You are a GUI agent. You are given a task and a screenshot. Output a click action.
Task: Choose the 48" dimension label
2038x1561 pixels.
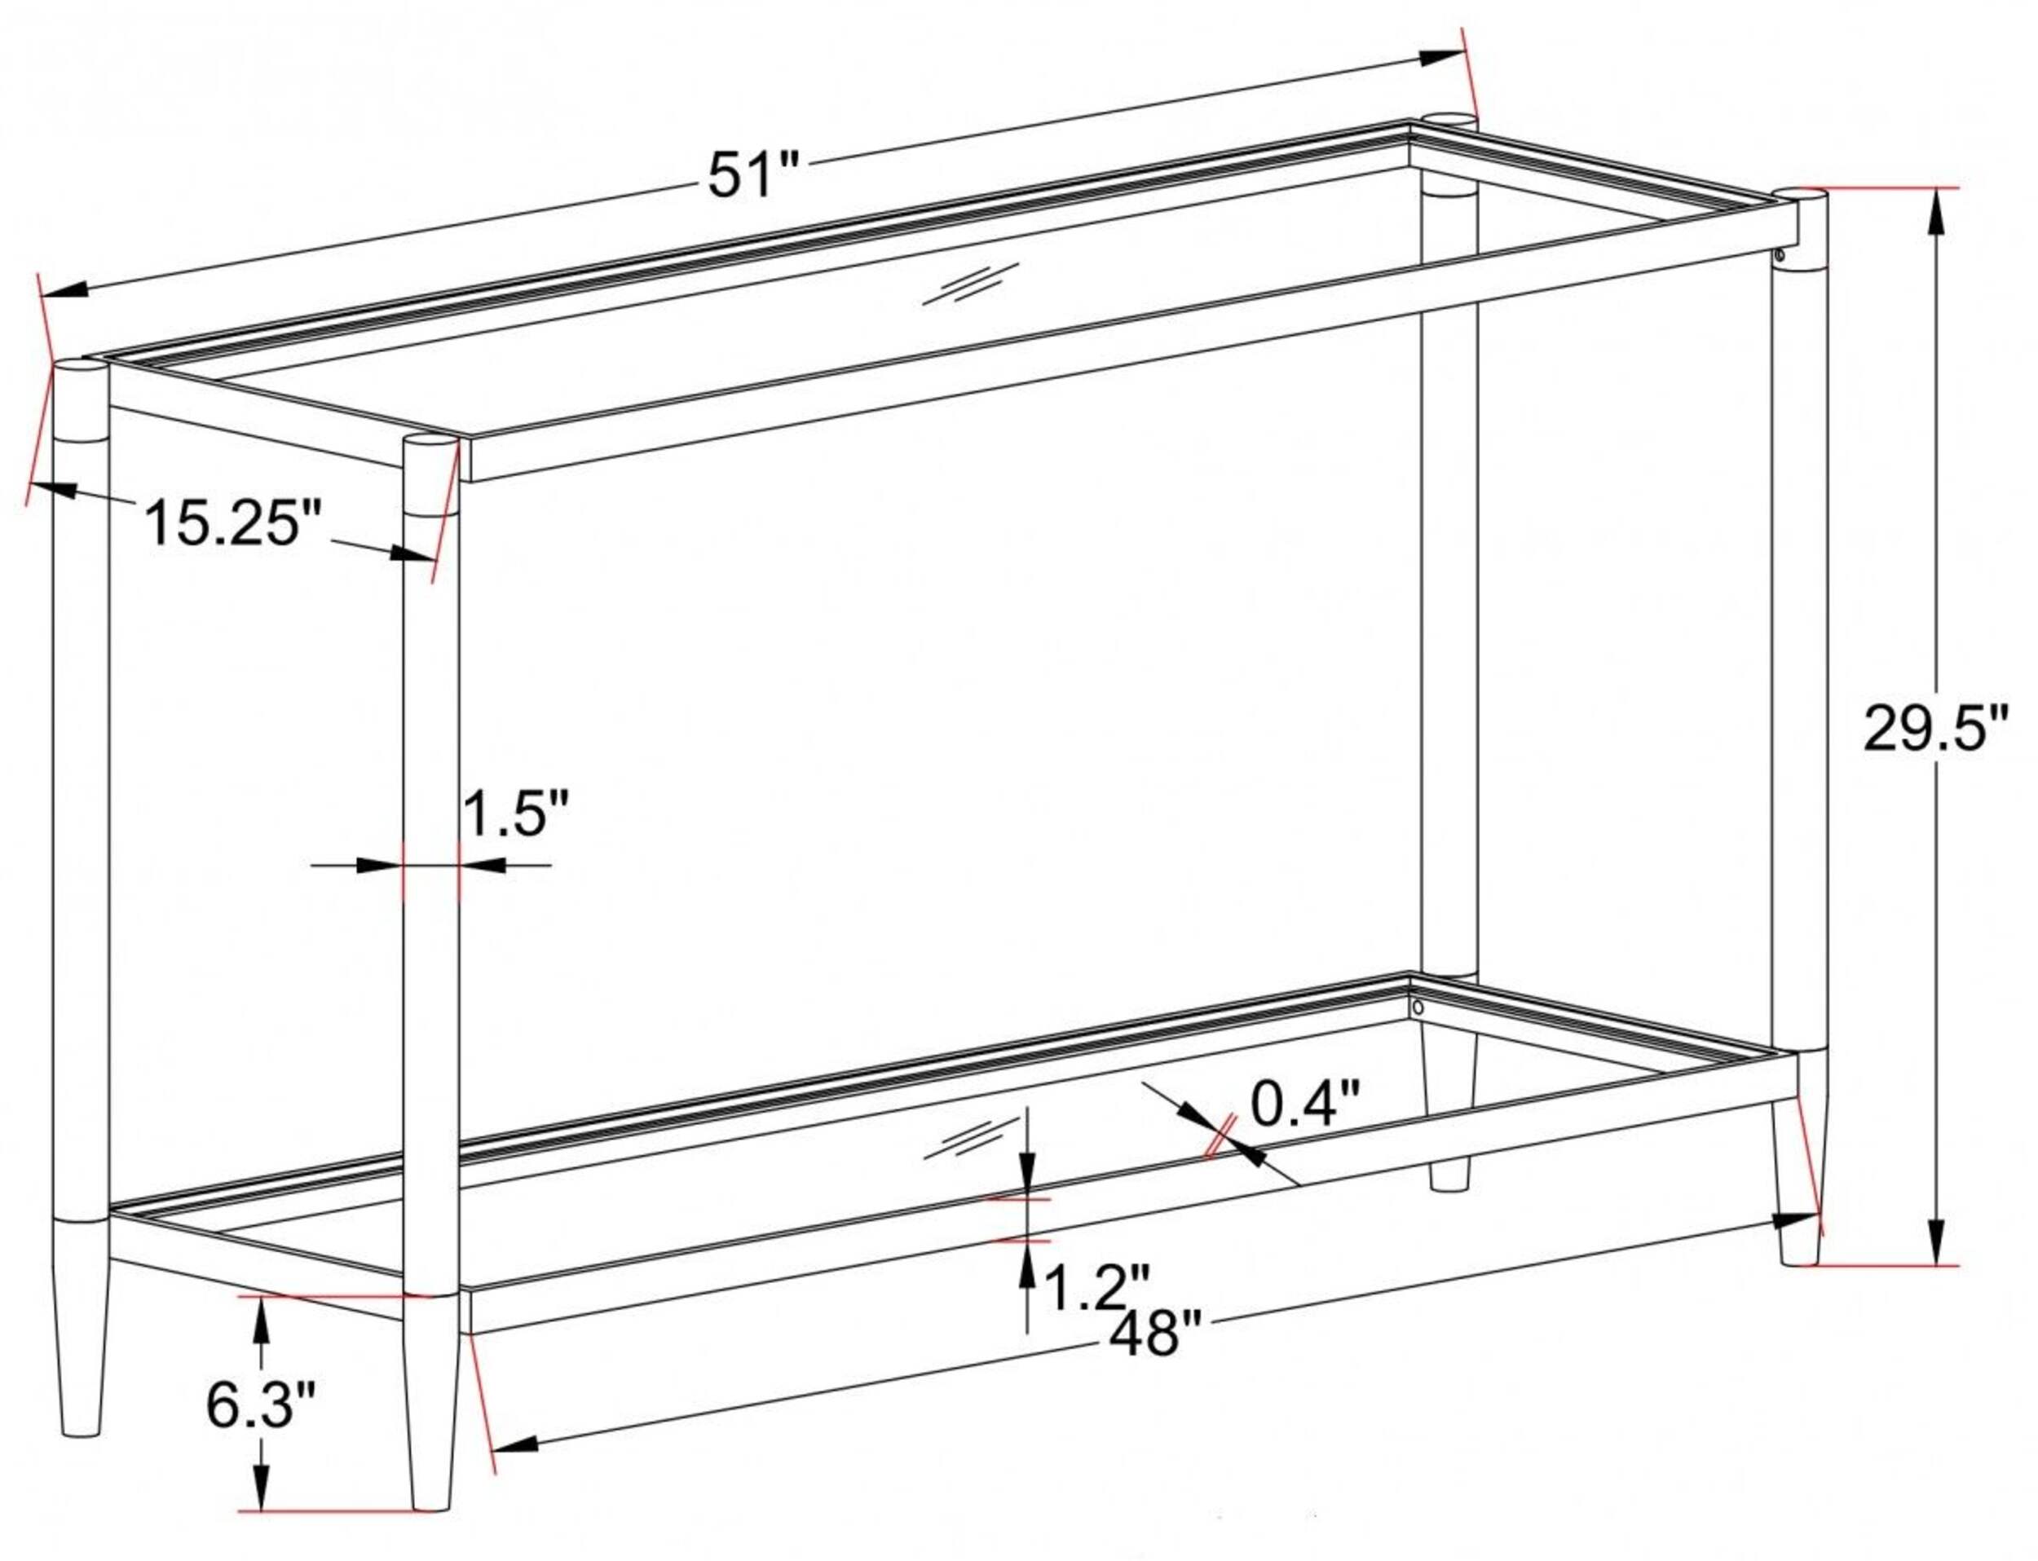click(x=1156, y=1335)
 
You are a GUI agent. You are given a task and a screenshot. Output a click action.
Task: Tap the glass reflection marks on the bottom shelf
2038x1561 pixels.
click(x=970, y=1138)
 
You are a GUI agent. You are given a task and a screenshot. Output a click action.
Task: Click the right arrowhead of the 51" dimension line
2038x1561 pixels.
click(x=1440, y=59)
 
